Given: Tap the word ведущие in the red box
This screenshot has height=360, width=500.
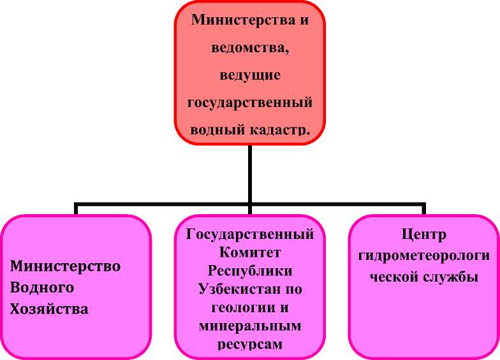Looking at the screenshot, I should [x=250, y=75].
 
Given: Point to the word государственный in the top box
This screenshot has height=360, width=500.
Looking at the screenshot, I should [x=250, y=103].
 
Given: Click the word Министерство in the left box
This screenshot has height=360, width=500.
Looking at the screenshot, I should [x=65, y=266].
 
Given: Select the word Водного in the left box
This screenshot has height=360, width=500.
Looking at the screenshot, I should [x=42, y=287].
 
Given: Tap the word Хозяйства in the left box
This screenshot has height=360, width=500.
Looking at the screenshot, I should [x=49, y=309].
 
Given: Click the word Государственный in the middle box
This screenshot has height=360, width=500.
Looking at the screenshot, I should [x=250, y=234].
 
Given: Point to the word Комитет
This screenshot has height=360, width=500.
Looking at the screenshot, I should [x=250, y=252].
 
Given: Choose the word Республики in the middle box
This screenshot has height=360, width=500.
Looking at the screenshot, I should [x=250, y=271].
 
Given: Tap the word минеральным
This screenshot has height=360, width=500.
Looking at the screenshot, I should [x=250, y=326].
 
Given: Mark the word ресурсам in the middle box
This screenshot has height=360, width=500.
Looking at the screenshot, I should [x=250, y=345].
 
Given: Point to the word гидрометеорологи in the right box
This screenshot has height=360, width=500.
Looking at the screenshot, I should [x=423, y=256].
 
